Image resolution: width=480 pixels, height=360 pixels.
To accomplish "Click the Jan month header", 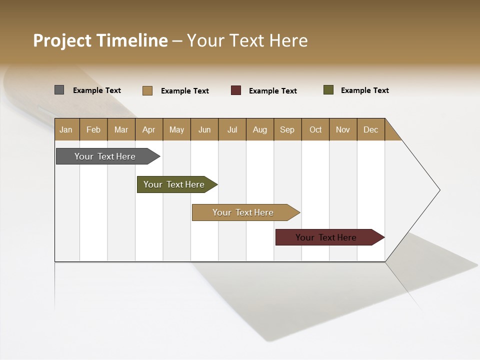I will coord(66,129).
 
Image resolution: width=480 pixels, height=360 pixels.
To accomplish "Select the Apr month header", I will coord(149,129).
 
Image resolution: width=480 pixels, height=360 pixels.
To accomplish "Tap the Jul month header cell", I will coord(232,129).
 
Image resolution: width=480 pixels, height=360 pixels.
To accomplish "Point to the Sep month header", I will coord(287,129).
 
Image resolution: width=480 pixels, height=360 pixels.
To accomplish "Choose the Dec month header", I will coord(370,129).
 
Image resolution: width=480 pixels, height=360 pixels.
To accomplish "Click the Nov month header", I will coord(343,129).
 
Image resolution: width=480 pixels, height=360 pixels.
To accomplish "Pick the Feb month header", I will coord(93,129).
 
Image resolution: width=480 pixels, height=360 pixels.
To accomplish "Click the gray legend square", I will coord(59,90).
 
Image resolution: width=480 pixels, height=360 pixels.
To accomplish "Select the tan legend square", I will coord(147,90).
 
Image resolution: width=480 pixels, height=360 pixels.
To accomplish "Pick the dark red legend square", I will coord(236,90).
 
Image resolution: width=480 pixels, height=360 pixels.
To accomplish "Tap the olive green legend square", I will coord(328,90).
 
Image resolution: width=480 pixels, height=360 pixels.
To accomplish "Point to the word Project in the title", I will coord(62,40).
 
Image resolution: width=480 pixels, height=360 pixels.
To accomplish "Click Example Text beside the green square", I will coord(364,90).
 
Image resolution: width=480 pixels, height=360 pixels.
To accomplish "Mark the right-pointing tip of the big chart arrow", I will coord(439,190).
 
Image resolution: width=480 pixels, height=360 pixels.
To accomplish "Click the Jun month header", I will coord(204,129).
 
